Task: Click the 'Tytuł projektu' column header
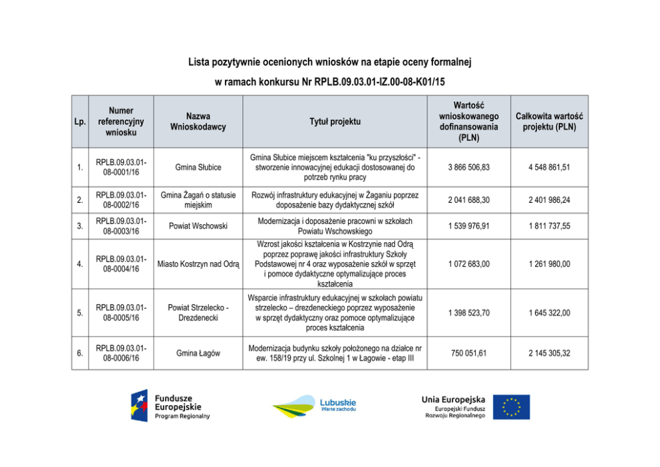pyautogui.click(x=335, y=122)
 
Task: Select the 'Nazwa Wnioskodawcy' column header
pyautogui.click(x=198, y=122)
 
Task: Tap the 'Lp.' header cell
pyautogui.click(x=80, y=122)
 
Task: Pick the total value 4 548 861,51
pyautogui.click(x=549, y=167)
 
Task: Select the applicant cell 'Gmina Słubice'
pyautogui.click(x=198, y=167)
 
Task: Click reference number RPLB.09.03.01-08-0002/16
pyautogui.click(x=121, y=200)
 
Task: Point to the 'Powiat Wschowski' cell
pyautogui.click(x=198, y=226)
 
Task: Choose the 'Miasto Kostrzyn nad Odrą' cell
pyautogui.click(x=198, y=264)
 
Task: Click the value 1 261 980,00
pyautogui.click(x=549, y=264)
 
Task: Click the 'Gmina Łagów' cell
pyautogui.click(x=198, y=353)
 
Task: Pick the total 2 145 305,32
pyautogui.click(x=549, y=353)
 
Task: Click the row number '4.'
pyautogui.click(x=80, y=264)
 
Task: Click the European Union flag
pyautogui.click(x=512, y=407)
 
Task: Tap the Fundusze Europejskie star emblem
pyautogui.click(x=139, y=406)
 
